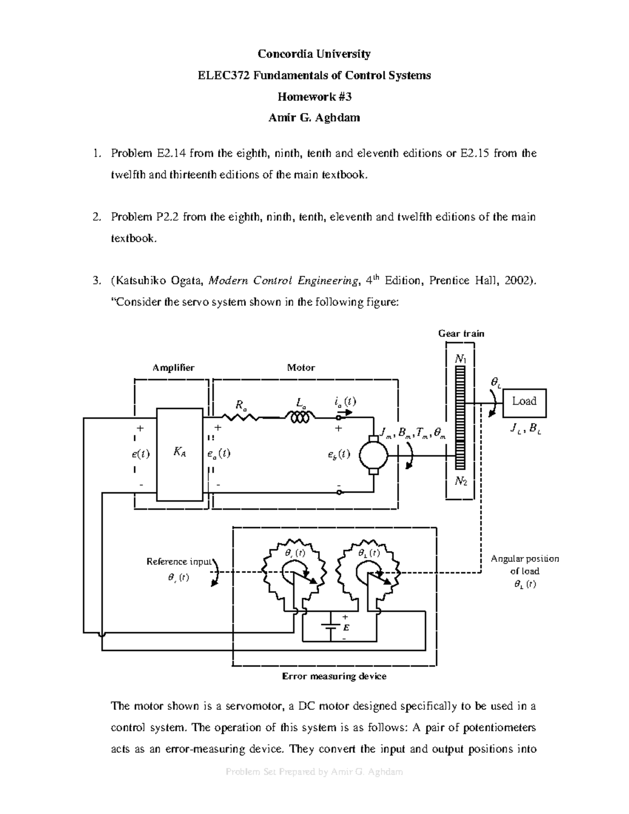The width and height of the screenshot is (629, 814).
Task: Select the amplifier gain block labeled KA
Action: click(x=179, y=454)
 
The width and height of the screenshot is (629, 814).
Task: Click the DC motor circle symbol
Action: click(x=373, y=455)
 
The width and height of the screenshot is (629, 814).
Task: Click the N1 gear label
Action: click(x=461, y=359)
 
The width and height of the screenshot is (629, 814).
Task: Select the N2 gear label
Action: click(x=461, y=482)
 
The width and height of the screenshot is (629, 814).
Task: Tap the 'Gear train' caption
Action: click(x=461, y=333)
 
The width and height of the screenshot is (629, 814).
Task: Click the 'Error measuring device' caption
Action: click(x=334, y=676)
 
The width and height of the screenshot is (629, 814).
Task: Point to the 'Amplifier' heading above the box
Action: click(x=173, y=368)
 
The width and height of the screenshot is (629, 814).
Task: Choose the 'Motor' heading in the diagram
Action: click(x=301, y=368)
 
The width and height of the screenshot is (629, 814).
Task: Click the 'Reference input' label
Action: click(x=178, y=561)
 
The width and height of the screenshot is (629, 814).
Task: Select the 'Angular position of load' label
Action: click(x=525, y=565)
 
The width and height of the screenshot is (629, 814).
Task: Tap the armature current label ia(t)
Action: click(x=344, y=402)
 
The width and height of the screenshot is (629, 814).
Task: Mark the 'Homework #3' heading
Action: click(x=314, y=96)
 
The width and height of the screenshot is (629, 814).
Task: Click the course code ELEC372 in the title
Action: click(x=223, y=75)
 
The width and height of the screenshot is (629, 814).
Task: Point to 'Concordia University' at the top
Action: click(x=314, y=54)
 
